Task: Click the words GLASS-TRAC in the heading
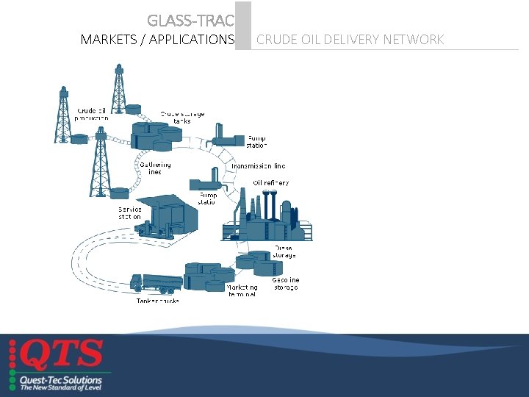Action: click(x=190, y=20)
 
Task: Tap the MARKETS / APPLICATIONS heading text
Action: click(x=157, y=39)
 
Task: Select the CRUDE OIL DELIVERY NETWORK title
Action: click(x=350, y=39)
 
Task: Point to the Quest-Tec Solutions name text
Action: click(x=61, y=380)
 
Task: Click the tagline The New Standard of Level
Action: click(x=61, y=387)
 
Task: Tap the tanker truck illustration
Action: click(x=155, y=283)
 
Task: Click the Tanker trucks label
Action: click(x=157, y=301)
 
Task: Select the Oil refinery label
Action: click(x=271, y=182)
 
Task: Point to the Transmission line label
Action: click(x=259, y=166)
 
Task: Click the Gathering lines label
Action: click(x=155, y=168)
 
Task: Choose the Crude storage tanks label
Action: click(x=182, y=118)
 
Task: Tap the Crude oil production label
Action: click(x=93, y=114)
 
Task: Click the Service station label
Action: click(x=130, y=212)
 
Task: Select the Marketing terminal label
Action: click(x=242, y=290)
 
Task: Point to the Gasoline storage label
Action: click(x=285, y=283)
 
